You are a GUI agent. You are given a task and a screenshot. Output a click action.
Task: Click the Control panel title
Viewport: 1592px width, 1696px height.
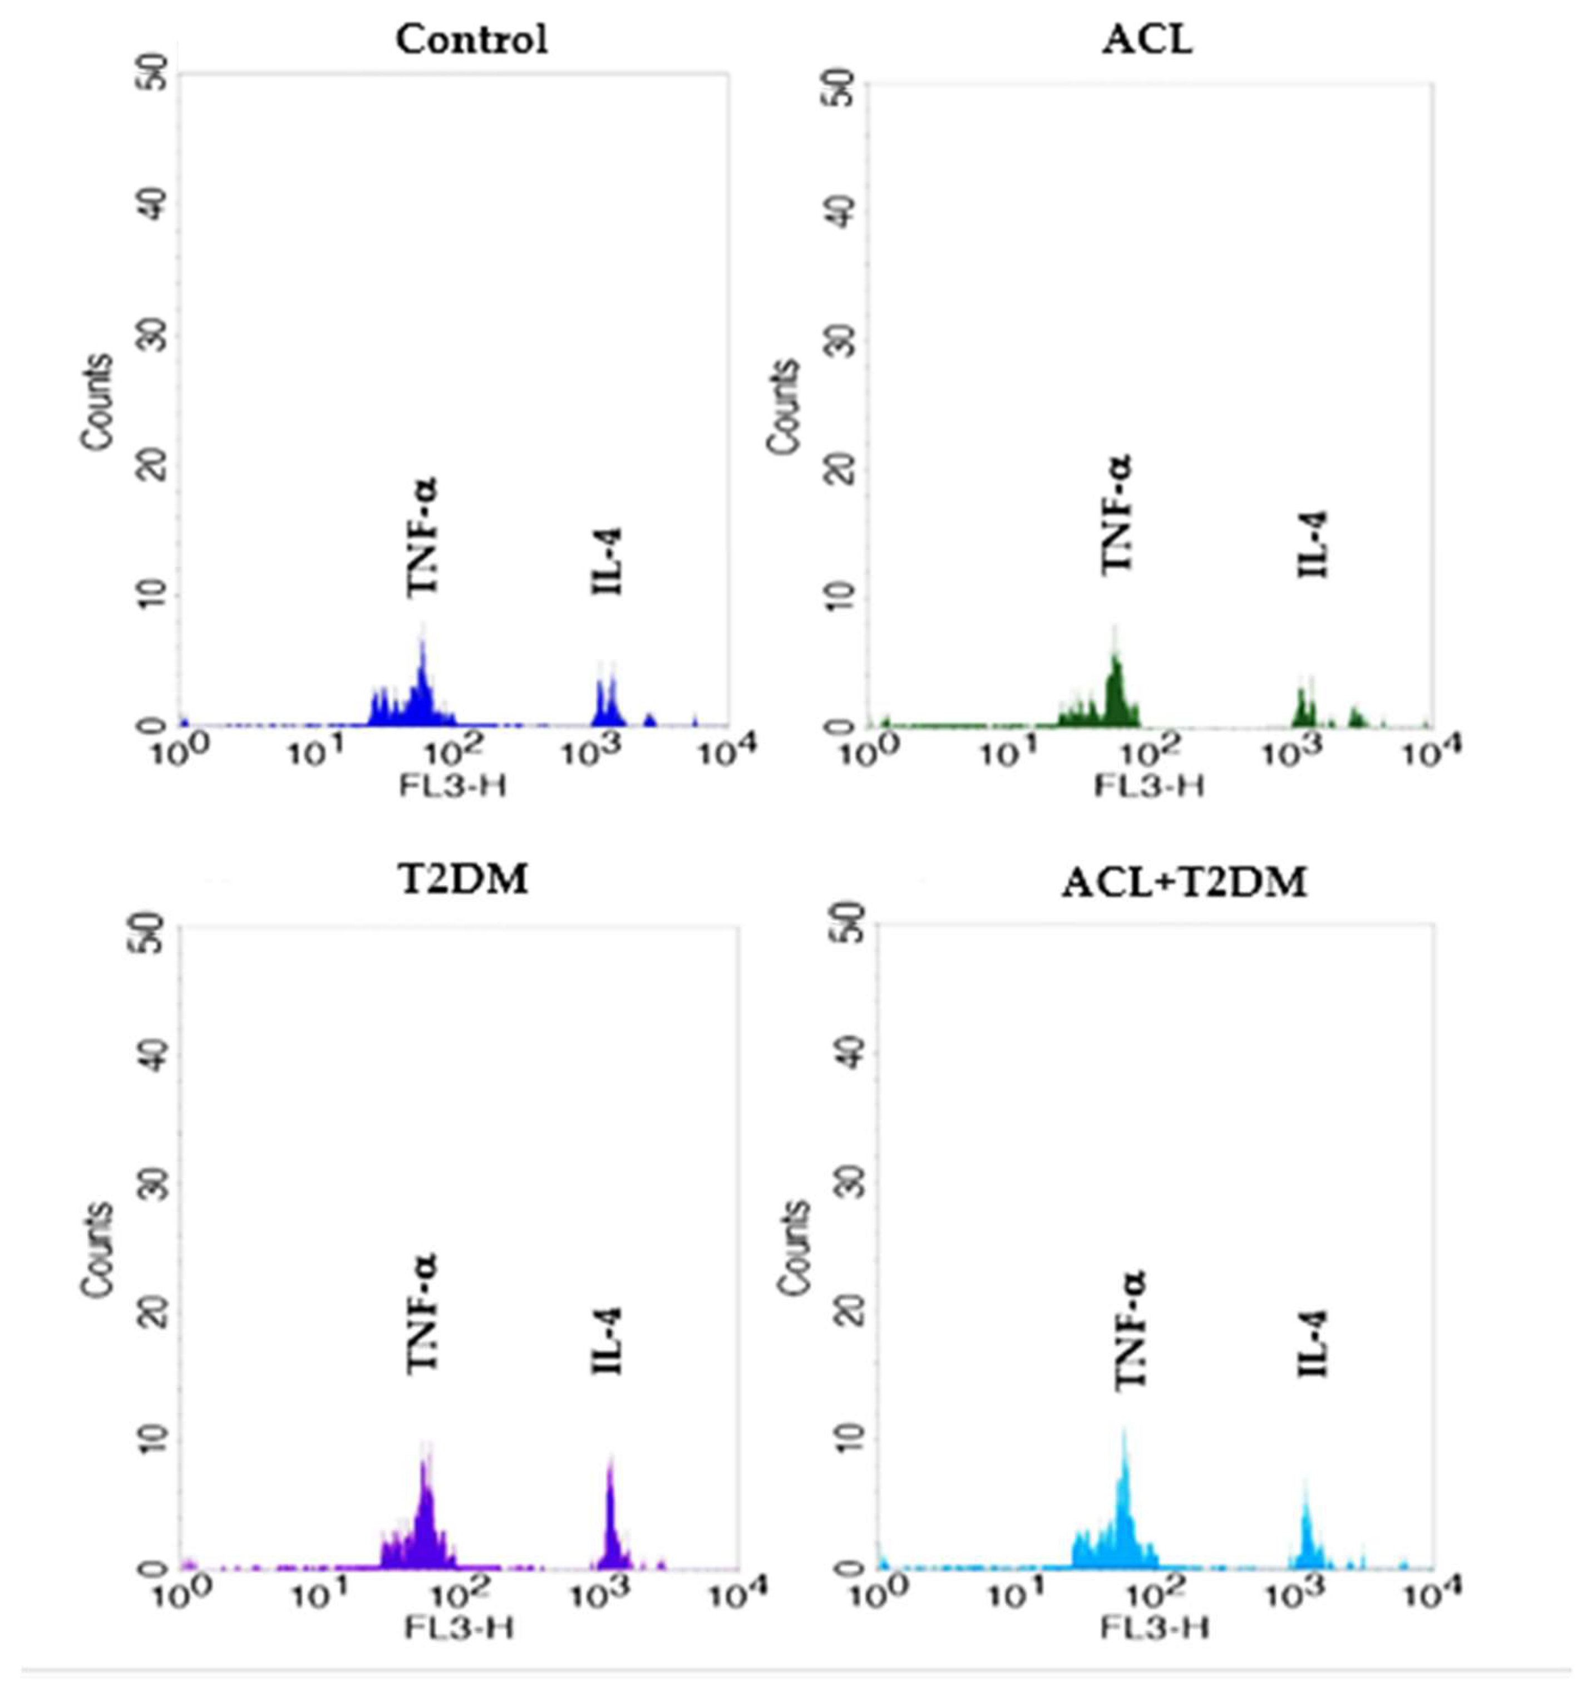pos(471,40)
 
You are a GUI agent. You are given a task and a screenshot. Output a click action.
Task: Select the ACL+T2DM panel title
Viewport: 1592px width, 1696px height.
pos(1184,883)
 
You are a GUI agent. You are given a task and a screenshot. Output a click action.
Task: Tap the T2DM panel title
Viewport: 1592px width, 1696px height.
pos(464,879)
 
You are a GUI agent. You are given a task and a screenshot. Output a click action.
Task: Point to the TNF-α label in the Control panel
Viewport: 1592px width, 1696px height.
pos(421,536)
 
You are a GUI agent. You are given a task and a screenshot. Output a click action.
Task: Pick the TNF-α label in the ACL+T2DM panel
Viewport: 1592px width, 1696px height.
pos(1131,1331)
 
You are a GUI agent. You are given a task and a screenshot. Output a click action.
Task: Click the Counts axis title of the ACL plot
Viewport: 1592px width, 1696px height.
pos(783,407)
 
